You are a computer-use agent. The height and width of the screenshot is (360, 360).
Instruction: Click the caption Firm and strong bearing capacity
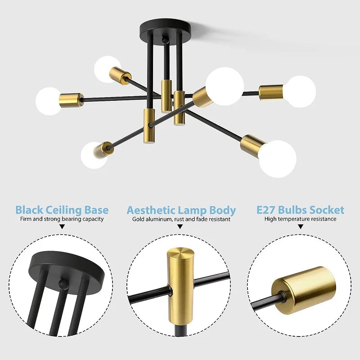click(62, 219)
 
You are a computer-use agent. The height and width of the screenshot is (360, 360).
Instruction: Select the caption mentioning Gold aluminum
click(181, 220)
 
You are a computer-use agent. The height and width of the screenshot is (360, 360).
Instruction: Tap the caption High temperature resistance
click(300, 219)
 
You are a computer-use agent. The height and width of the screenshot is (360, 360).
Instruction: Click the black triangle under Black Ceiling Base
click(62, 228)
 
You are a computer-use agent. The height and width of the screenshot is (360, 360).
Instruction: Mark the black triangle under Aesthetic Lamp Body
click(180, 228)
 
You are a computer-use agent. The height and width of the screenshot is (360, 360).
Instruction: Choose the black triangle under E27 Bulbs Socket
click(300, 228)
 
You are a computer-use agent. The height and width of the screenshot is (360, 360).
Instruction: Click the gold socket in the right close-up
click(306, 286)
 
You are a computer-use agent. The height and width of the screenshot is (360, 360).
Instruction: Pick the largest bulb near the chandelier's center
click(225, 86)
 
